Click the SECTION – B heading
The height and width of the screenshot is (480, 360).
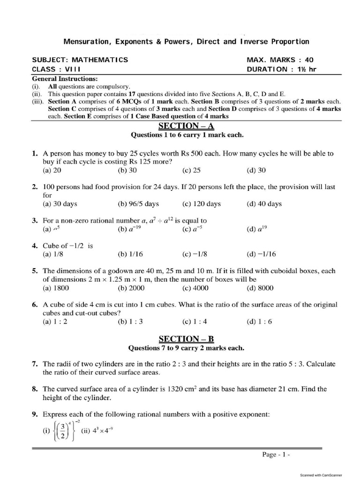[x=187, y=338]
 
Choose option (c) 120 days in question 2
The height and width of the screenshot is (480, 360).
[x=201, y=204]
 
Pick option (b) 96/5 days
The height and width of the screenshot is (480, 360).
[x=138, y=204]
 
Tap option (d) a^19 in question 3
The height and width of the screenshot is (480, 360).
[x=257, y=229]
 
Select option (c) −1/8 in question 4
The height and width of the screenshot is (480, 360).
[x=195, y=255]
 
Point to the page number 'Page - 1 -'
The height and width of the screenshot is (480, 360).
[x=277, y=454]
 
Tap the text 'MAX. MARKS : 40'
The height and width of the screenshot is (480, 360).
[x=280, y=60]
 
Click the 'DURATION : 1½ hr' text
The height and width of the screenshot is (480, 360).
[x=283, y=69]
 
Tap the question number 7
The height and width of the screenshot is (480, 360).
[x=35, y=364]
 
